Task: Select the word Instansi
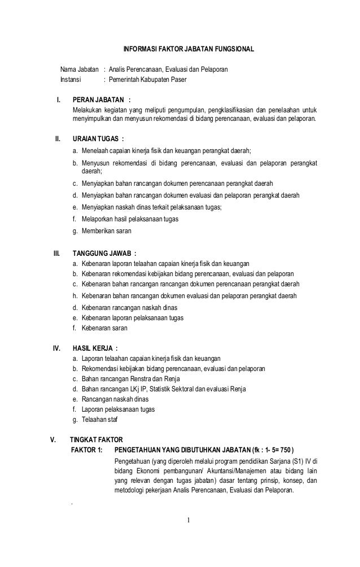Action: pos(71,79)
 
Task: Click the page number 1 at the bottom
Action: pos(190,520)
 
